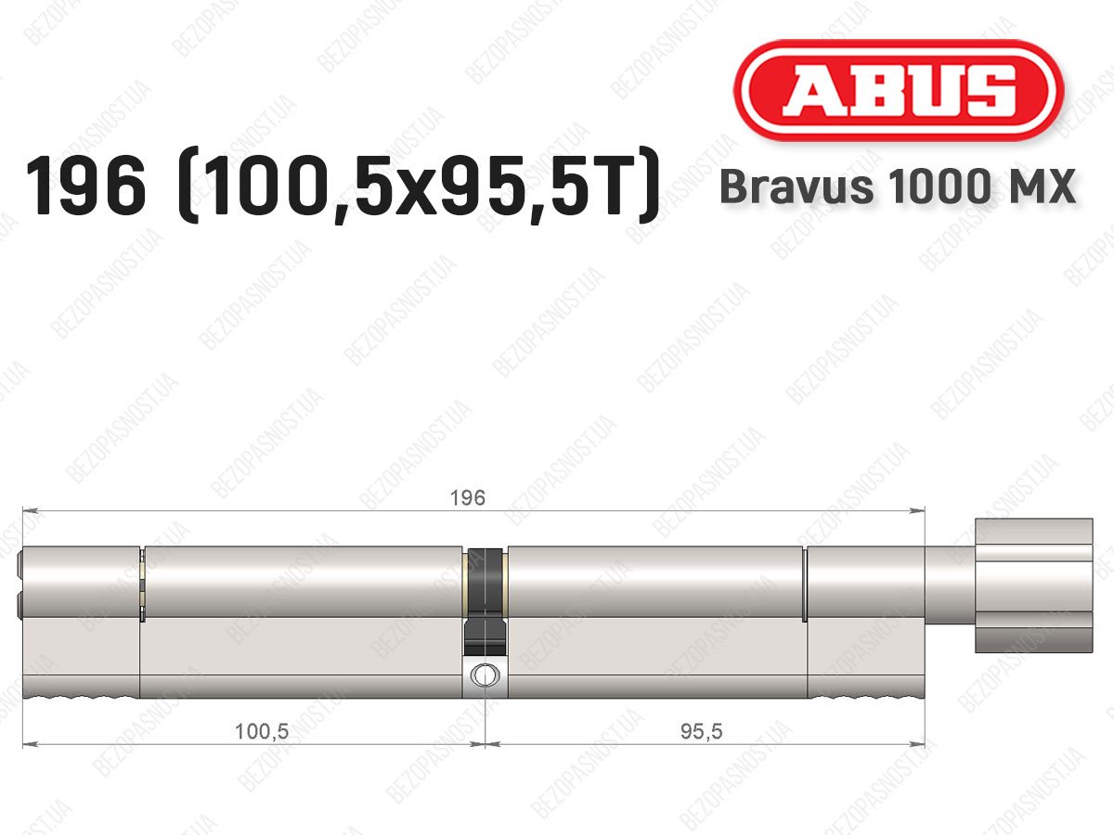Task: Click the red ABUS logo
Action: tap(899, 90)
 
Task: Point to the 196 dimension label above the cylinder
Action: tap(468, 498)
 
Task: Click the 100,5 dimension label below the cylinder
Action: tap(262, 732)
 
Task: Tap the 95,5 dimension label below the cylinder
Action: tap(701, 732)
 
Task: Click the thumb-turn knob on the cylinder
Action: tap(1034, 585)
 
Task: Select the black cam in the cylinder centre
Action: tap(486, 602)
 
